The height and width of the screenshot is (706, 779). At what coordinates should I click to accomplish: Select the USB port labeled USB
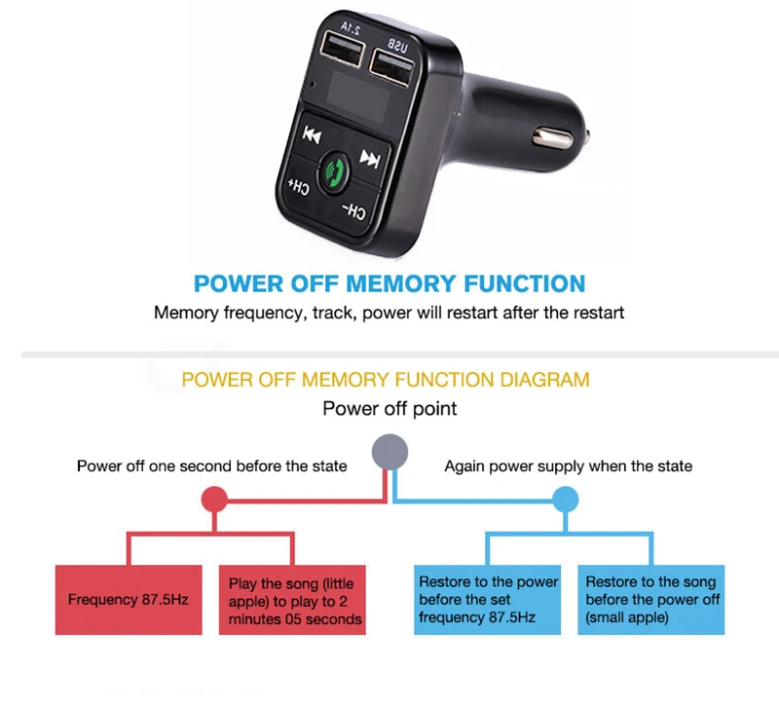(391, 64)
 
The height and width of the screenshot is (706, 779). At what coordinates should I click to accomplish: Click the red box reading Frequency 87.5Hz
(129, 599)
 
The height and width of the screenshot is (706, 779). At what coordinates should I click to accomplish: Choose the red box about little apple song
(293, 600)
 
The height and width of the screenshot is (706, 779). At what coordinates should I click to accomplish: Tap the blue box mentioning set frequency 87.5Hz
(488, 600)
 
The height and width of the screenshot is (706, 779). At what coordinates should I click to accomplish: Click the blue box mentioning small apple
(651, 600)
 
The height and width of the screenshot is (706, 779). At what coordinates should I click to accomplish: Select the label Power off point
(389, 408)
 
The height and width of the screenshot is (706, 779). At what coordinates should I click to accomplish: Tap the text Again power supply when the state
(568, 466)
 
